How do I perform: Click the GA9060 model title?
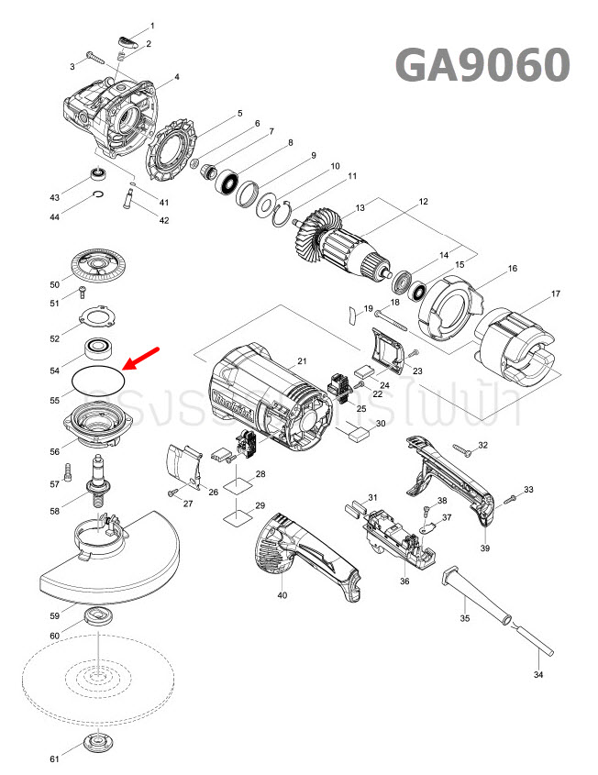(x=482, y=65)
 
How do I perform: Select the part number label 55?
(x=55, y=401)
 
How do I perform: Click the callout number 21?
(x=302, y=362)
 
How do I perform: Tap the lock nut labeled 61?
(x=95, y=743)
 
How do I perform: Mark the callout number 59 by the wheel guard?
(x=55, y=615)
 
